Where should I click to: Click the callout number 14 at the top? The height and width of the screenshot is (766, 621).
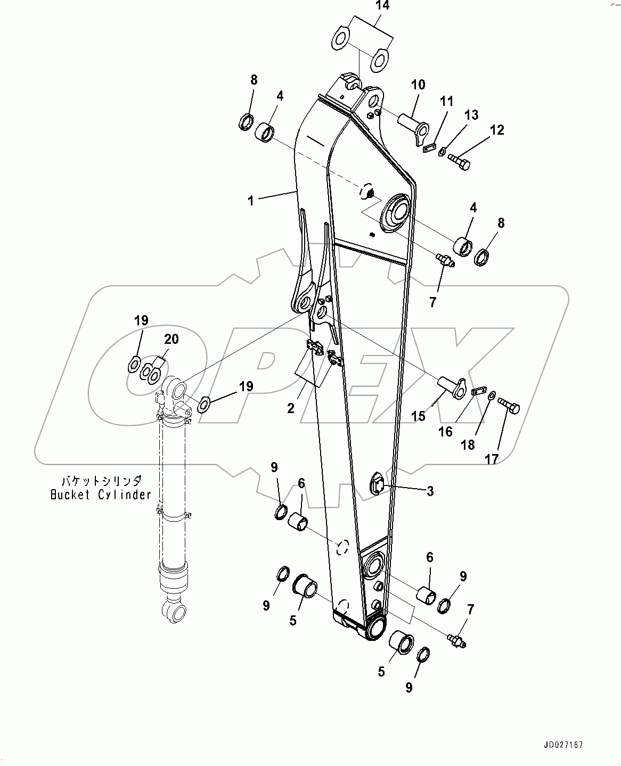pos(382,6)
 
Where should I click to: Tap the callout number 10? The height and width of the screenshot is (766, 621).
pos(418,85)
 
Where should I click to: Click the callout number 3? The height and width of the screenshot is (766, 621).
pos(430,491)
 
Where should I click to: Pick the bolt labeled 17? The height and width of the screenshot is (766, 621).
pos(509,407)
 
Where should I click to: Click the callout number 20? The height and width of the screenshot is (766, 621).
pos(171,339)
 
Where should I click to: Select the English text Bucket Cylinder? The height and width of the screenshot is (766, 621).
pos(101,495)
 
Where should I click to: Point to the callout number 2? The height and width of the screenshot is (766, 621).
pos(291,408)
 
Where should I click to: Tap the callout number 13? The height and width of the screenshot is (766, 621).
pos(471,114)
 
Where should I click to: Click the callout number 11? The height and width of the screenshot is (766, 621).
pos(446,101)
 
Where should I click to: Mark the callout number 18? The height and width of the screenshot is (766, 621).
pos(468,444)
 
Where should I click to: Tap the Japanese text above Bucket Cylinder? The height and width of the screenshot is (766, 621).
pos(101,480)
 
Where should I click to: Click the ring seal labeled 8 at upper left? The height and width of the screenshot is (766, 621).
pos(246,122)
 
